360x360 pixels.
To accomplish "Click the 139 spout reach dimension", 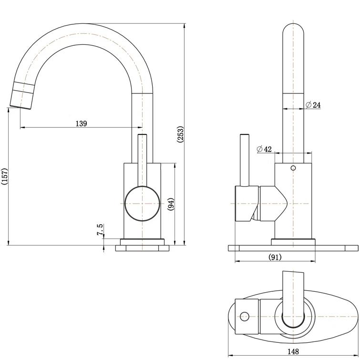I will pyautogui.click(x=81, y=123).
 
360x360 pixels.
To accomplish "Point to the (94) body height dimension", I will pyautogui.click(x=171, y=204).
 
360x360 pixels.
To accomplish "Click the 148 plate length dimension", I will pyautogui.click(x=293, y=352).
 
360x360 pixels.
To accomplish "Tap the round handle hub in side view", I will pyautogui.click(x=141, y=204).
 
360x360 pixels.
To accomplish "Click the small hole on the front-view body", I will pyautogui.click(x=293, y=168).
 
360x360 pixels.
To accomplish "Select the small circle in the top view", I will pyautogui.click(x=245, y=316).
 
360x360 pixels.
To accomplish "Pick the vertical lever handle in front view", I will pyautogui.click(x=245, y=160).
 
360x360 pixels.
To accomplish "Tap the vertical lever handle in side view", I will pyautogui.click(x=142, y=160).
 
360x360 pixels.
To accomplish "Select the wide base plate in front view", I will pyautogui.click(x=293, y=248).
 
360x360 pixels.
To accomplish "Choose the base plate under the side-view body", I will pyautogui.click(x=142, y=248).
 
